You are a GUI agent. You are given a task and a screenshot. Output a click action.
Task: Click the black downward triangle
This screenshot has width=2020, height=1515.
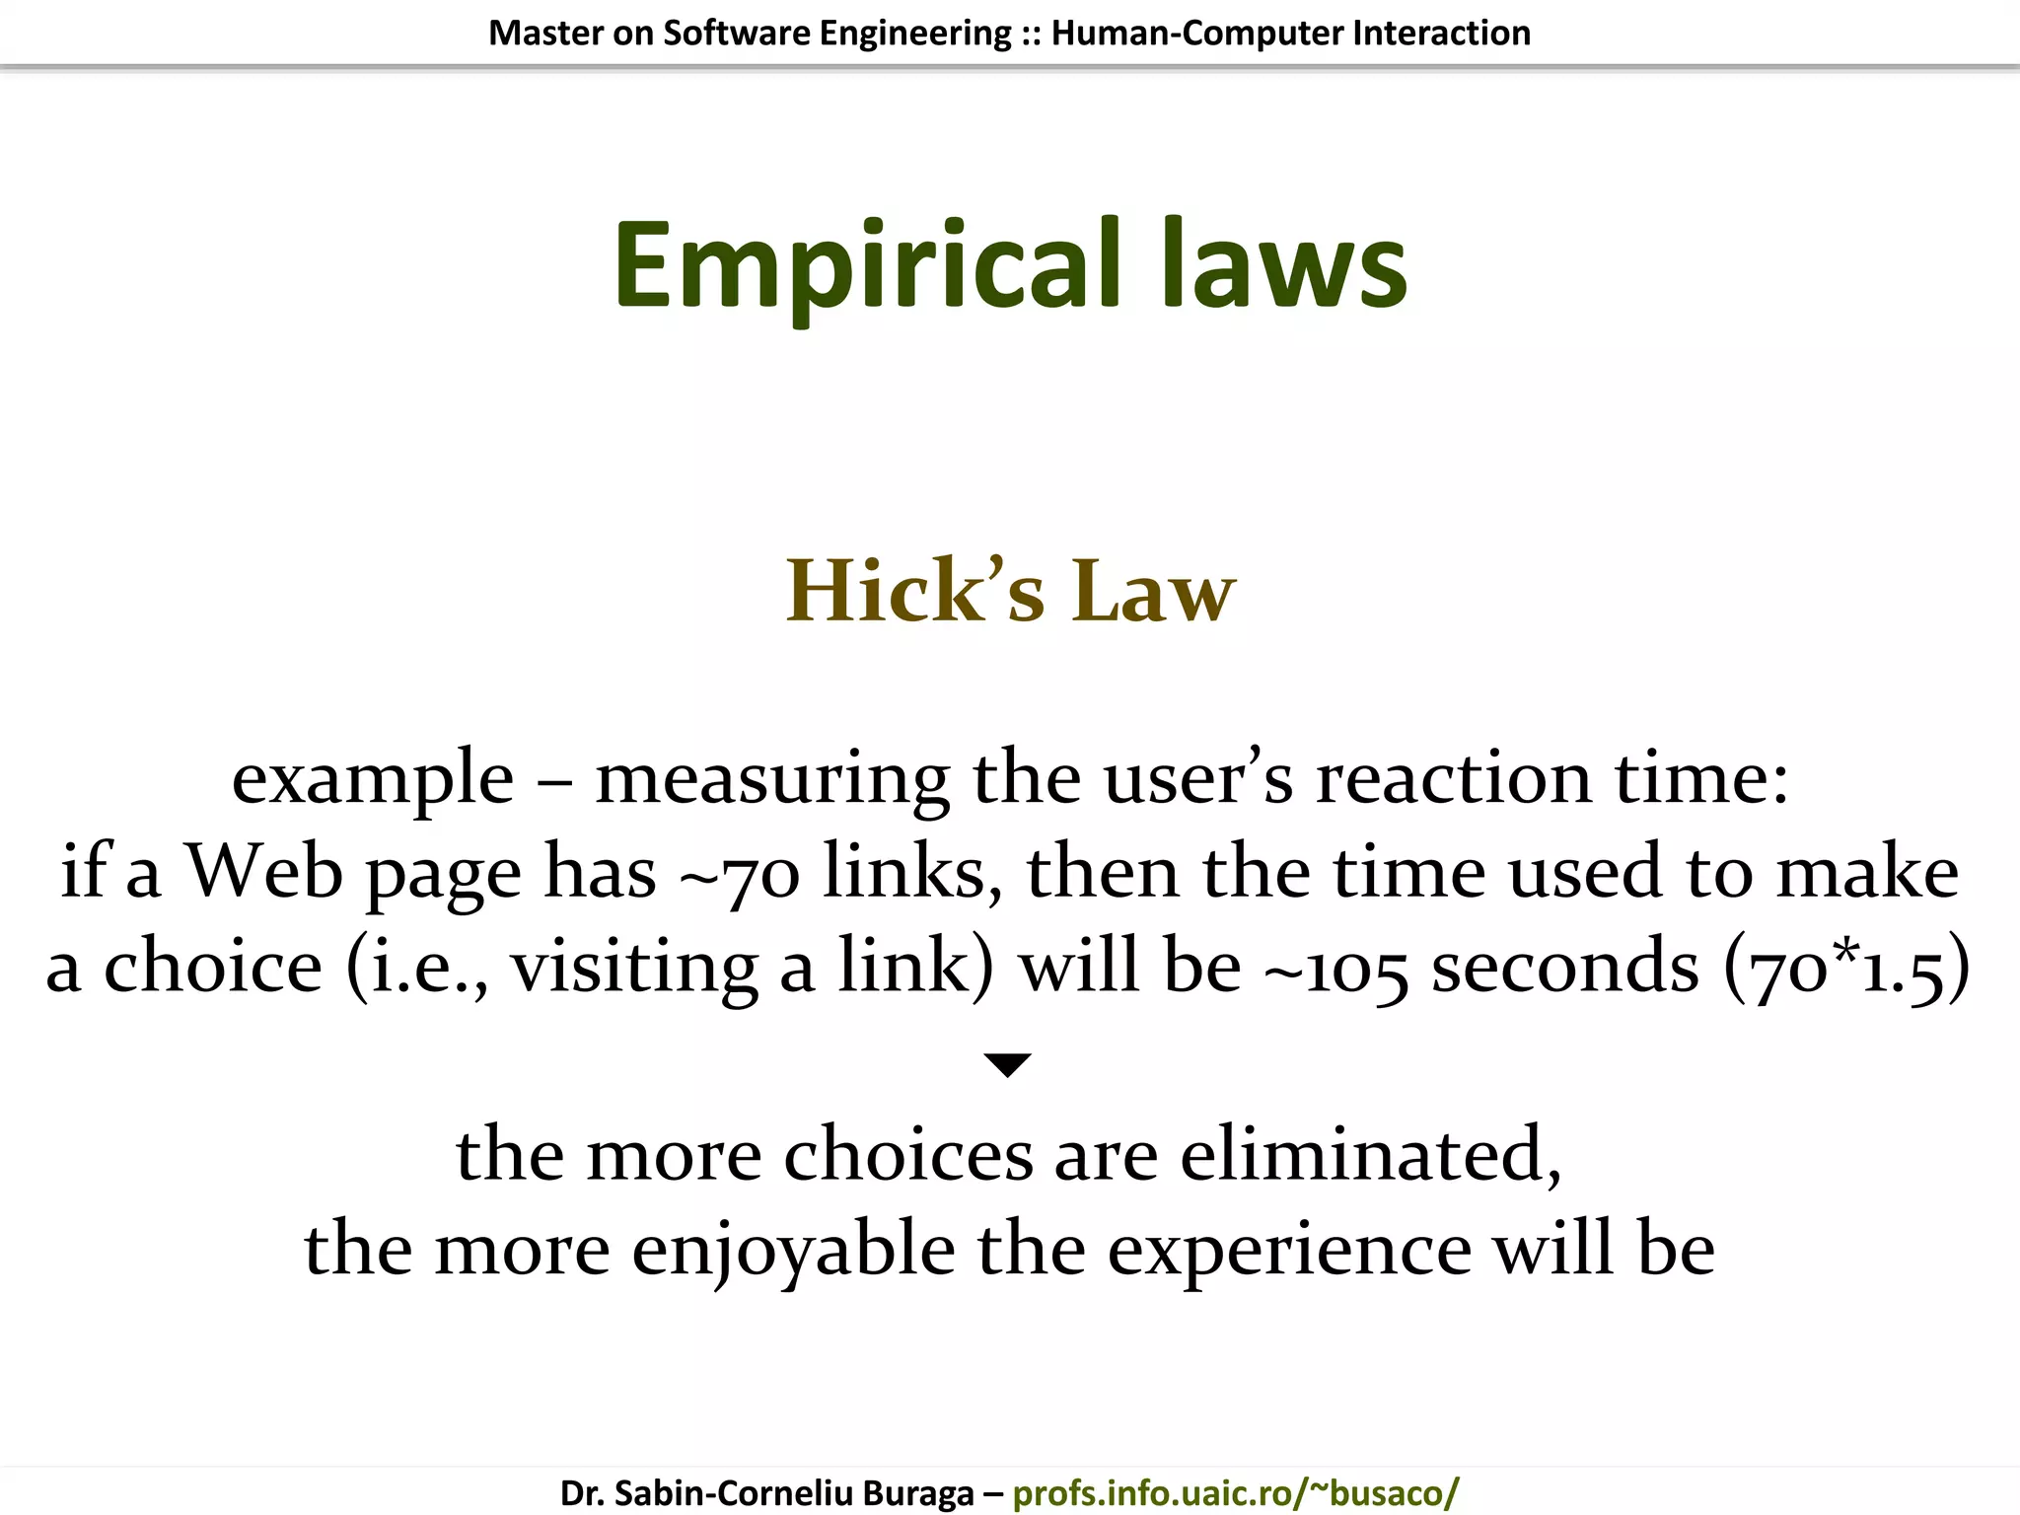[x=1007, y=1064]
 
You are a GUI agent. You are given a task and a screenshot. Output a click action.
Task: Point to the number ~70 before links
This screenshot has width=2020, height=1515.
[x=739, y=874]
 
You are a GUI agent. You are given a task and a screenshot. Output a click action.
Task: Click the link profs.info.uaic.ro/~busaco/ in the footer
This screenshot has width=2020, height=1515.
[x=1235, y=1492]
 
